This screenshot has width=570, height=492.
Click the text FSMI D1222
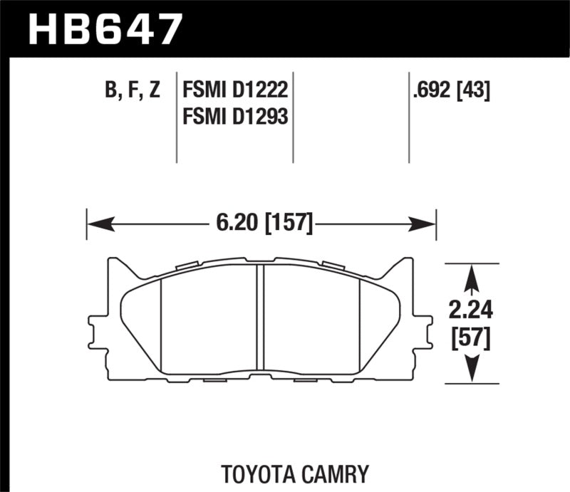coord(234,90)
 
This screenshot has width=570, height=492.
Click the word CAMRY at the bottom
coord(344,473)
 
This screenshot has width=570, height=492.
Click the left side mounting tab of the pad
coord(95,328)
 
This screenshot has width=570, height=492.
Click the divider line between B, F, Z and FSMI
coord(177,117)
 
